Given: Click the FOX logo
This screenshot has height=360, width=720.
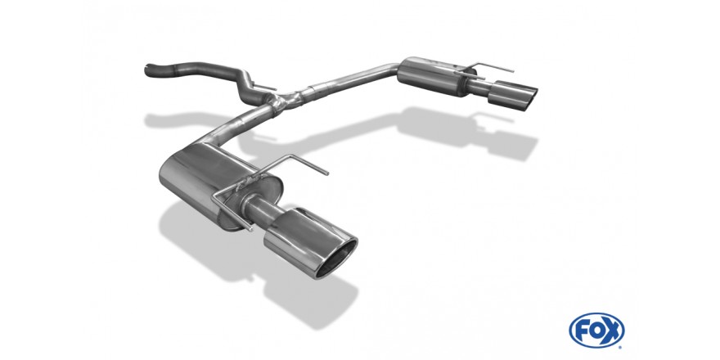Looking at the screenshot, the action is pos(596,331).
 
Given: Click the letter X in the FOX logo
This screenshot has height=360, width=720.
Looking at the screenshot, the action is pos(611,331).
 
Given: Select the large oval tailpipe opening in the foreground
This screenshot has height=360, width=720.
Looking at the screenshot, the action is pos(336,259).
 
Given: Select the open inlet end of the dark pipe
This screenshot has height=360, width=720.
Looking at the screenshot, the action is pos(148,70).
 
